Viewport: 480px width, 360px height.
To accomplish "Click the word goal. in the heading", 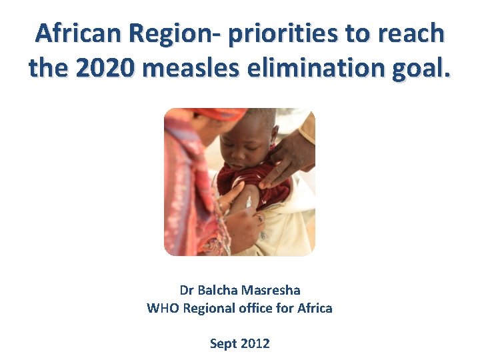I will [x=420, y=68].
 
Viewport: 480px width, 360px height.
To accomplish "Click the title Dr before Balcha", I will [x=187, y=291].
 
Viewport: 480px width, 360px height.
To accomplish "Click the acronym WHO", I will [x=163, y=308].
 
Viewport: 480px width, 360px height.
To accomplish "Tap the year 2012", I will [x=255, y=344].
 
